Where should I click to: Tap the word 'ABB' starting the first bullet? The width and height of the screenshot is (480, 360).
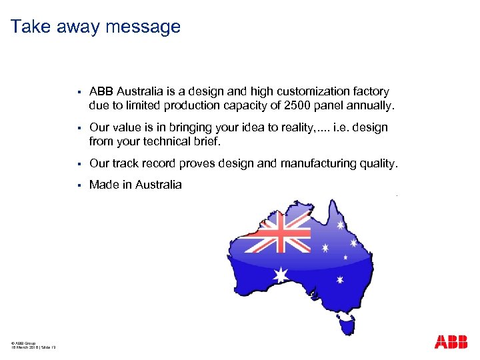tap(101, 91)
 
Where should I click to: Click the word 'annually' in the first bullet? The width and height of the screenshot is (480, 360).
tap(371, 105)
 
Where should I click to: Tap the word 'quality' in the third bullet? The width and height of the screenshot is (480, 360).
tap(377, 163)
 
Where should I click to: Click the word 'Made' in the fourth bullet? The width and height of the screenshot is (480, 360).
tap(103, 185)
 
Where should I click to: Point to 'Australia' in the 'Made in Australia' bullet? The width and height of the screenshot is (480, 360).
tap(158, 185)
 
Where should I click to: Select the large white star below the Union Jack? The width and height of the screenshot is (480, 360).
tap(281, 274)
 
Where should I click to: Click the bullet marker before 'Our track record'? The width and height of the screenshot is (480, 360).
tap(79, 164)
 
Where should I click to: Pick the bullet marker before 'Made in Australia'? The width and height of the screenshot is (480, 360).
tap(79, 185)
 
